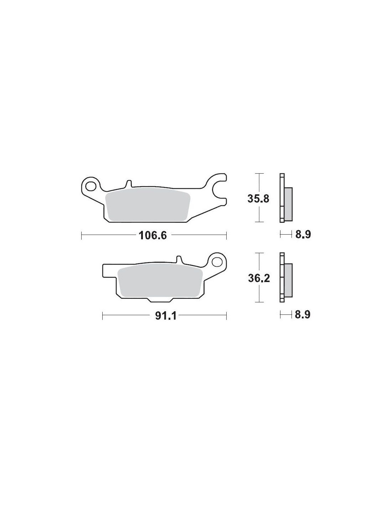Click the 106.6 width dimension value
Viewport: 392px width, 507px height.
pos(153,235)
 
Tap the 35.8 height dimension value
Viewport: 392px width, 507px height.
pos(258,199)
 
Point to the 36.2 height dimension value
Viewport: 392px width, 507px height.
pos(259,278)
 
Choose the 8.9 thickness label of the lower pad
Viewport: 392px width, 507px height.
pos(303,315)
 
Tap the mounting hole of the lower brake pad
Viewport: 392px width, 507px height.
pos(218,262)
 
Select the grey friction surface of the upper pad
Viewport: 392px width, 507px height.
pos(148,206)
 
